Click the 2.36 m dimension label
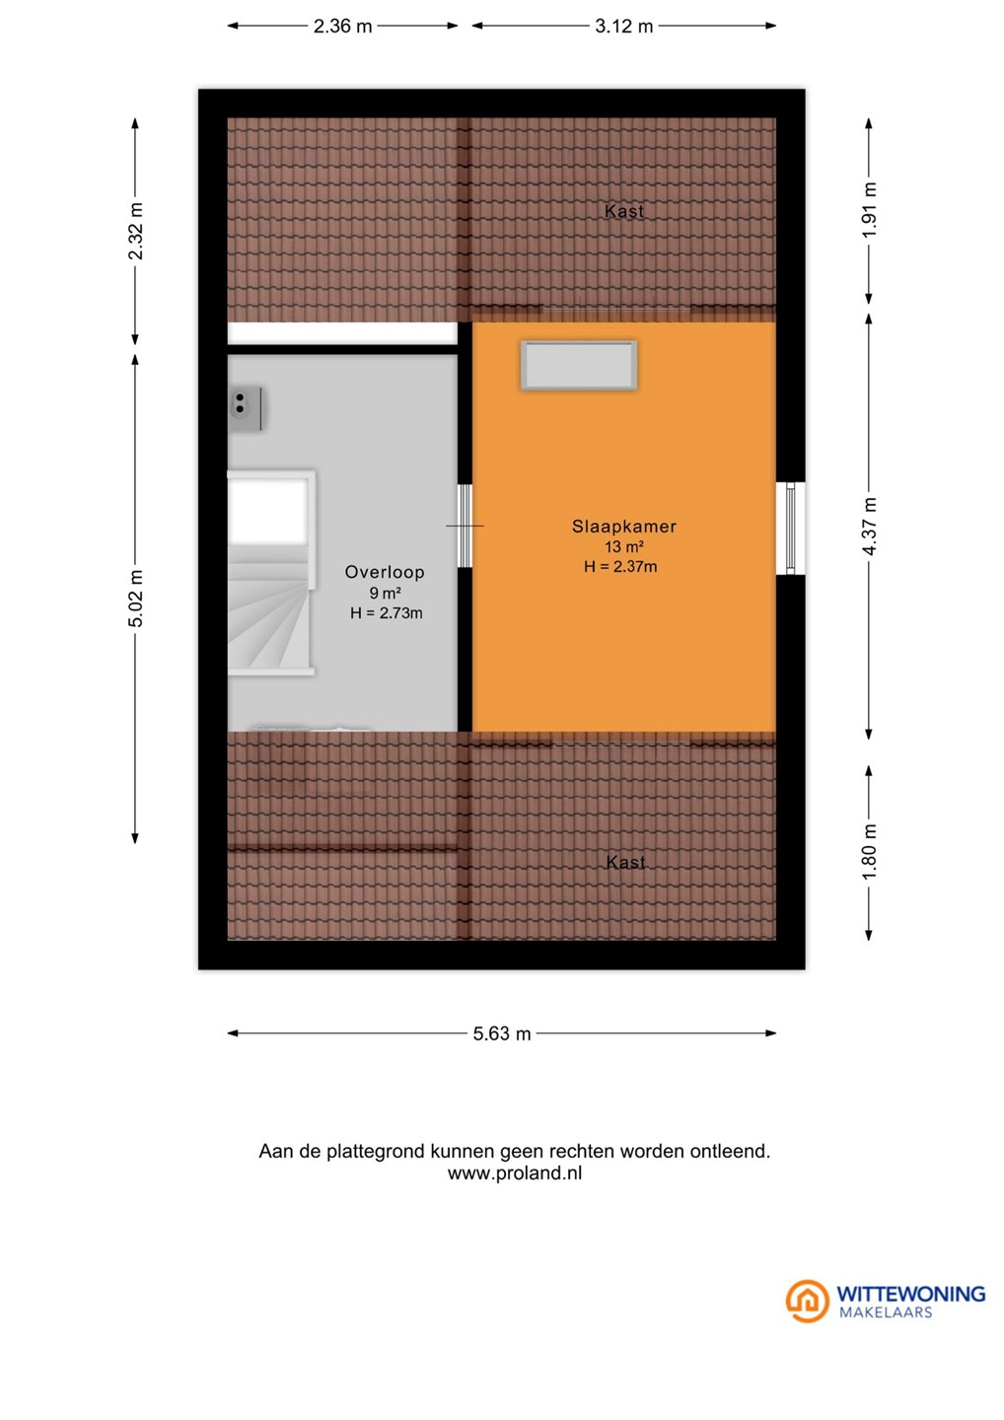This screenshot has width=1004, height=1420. (x=342, y=26)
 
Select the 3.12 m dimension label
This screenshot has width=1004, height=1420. (x=623, y=26)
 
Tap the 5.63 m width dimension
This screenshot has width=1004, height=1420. (x=501, y=1033)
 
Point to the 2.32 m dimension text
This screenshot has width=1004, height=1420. (x=136, y=232)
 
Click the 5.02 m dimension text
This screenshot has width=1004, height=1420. (x=136, y=599)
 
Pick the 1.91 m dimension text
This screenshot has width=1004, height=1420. (x=870, y=210)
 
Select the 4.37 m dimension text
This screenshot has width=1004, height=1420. (x=870, y=527)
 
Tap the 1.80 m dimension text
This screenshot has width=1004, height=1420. (x=870, y=851)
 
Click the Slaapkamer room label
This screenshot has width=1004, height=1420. (x=623, y=527)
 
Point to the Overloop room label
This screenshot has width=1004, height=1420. (x=384, y=572)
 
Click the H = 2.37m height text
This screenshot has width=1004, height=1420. (x=620, y=566)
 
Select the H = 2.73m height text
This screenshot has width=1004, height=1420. (x=386, y=612)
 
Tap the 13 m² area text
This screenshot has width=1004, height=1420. (x=624, y=546)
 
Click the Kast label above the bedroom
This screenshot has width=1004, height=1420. (x=624, y=211)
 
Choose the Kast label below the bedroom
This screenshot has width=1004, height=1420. (x=625, y=862)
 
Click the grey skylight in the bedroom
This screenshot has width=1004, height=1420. (x=579, y=365)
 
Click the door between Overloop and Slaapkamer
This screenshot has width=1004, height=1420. (x=465, y=527)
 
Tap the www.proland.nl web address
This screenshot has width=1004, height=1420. (x=515, y=1172)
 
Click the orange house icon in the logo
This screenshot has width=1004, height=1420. (x=807, y=1301)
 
